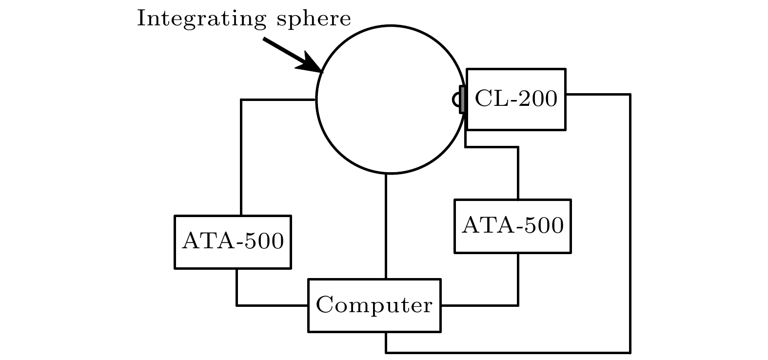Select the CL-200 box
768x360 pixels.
coord(516,100)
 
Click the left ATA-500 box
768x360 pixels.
coord(233,241)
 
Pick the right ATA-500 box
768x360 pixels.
coord(512,226)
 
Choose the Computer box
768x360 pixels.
coord(374,305)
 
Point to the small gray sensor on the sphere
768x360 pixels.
coord(461,100)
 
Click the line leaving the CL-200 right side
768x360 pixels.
coord(630,220)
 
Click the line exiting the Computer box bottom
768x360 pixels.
coord(507,352)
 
